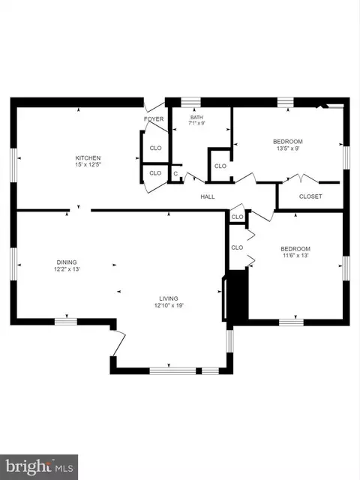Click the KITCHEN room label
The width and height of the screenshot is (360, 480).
tap(88, 158)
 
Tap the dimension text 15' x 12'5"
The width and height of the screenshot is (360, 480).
tap(88, 165)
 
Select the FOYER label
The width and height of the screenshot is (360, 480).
tap(154, 118)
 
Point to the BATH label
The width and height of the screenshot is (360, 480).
tap(196, 117)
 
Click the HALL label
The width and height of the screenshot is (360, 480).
tap(208, 196)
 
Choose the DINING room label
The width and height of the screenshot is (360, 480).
tap(67, 262)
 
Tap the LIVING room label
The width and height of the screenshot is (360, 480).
tap(169, 298)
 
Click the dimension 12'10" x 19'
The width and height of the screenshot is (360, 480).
tap(169, 305)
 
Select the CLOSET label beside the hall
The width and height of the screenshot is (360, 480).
tap(310, 196)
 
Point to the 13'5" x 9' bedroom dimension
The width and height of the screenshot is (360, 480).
tap(288, 148)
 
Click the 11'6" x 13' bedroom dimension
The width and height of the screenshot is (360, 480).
tap(295, 255)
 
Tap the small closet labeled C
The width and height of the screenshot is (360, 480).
tap(175, 173)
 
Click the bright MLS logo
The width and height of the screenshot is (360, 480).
tap(39, 467)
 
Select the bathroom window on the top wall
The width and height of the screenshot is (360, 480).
tap(190, 102)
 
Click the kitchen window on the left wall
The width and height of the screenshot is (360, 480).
tap(13, 165)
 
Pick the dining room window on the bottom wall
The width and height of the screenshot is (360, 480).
tap(66, 322)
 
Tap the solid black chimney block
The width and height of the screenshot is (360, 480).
tap(238, 295)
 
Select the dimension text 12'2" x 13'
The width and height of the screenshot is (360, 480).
tap(67, 269)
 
